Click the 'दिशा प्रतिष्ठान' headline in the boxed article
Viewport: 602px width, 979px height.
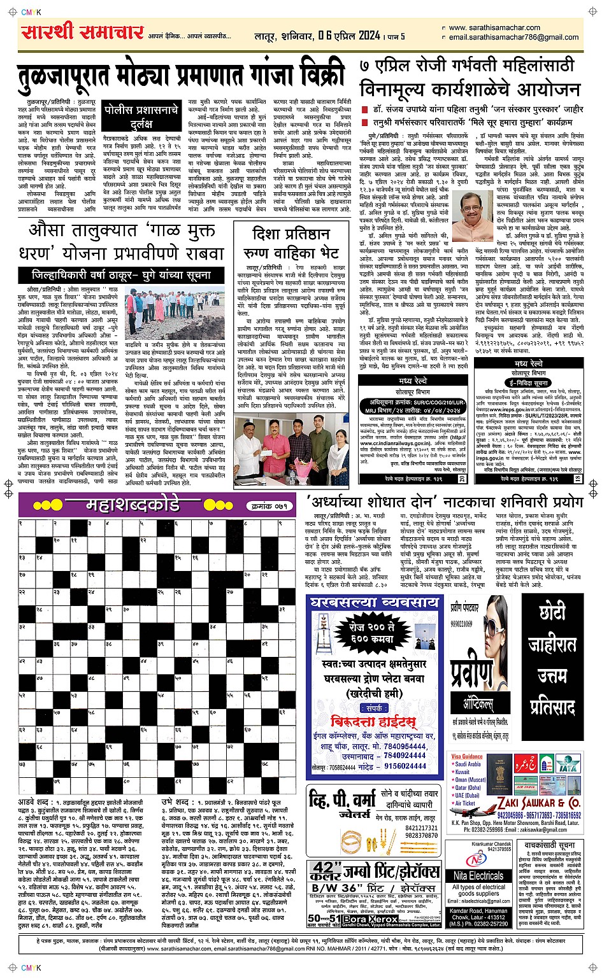click(x=291, y=234)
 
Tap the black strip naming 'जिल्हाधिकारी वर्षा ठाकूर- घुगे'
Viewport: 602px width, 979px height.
click(x=122, y=276)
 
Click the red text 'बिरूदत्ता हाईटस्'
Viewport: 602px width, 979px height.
click(x=374, y=721)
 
